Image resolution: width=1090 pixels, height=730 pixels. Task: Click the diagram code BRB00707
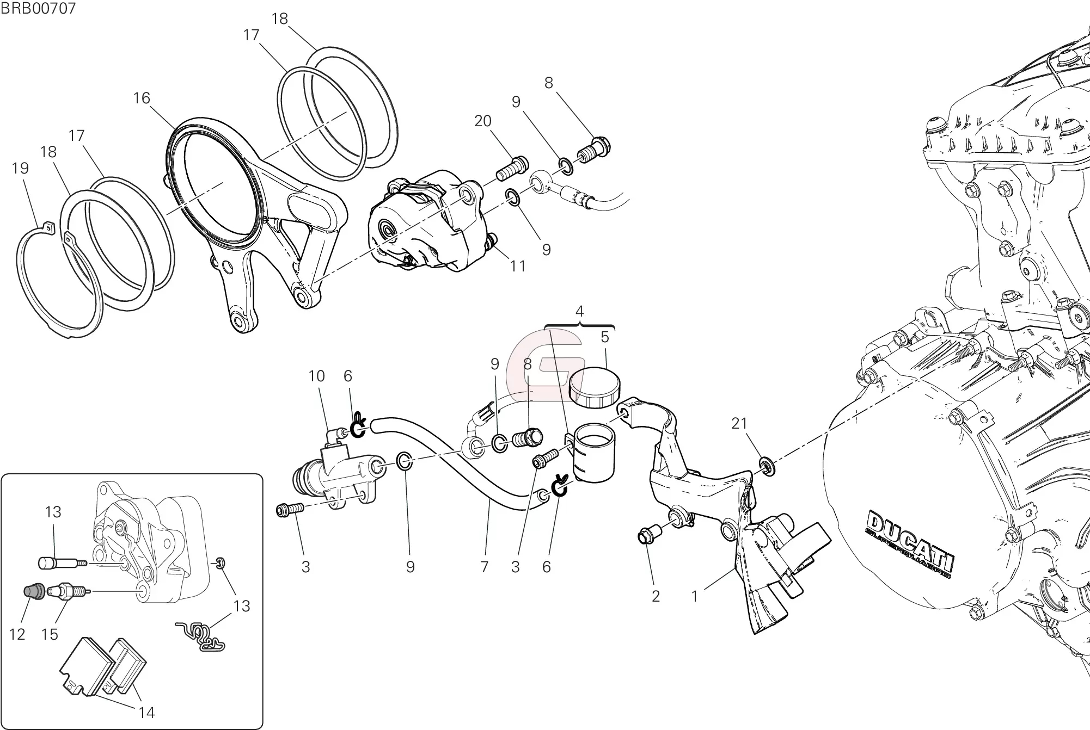[x=38, y=8]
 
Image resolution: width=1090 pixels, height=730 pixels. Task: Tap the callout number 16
[x=142, y=98]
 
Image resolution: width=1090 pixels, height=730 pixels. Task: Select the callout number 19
[x=20, y=168]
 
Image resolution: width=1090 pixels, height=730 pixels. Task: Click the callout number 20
[x=483, y=121]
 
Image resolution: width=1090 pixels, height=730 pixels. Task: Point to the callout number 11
[x=518, y=266]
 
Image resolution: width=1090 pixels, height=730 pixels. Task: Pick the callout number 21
[x=739, y=423]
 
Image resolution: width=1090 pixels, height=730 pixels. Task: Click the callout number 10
[x=317, y=376]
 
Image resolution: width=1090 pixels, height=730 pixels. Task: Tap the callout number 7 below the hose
[x=485, y=567]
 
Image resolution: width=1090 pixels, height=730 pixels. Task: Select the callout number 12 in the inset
[x=17, y=634]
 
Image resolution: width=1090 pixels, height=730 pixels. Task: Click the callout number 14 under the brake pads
[x=147, y=712]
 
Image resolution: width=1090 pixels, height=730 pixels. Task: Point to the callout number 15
[x=50, y=634]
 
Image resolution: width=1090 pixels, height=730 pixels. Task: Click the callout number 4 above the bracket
[x=579, y=312]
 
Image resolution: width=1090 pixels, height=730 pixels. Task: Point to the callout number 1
[x=694, y=597]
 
